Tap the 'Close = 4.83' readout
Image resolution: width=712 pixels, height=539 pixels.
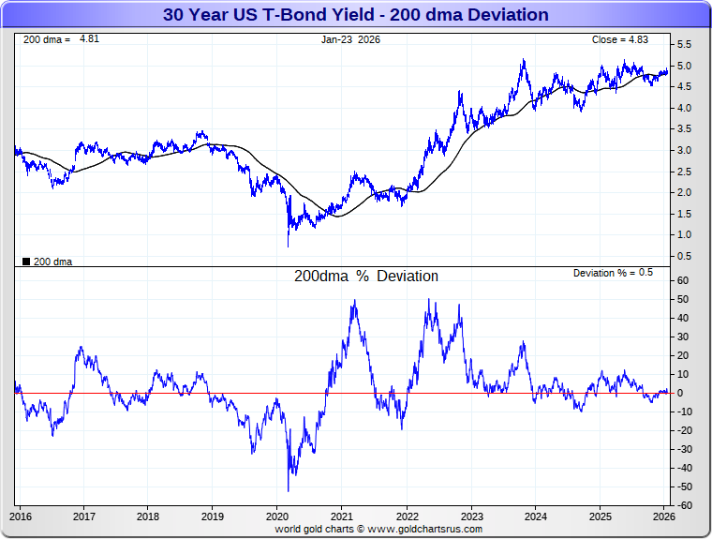pos(619,39)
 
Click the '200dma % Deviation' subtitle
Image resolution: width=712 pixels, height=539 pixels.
pos(366,277)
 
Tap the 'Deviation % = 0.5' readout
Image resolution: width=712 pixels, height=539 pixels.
pos(613,273)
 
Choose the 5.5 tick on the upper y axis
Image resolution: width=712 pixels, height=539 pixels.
pos(684,44)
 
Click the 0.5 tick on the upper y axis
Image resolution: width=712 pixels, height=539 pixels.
pos(684,256)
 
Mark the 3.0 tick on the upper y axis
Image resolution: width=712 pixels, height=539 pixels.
pos(684,150)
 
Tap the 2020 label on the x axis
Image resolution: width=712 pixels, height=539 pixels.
pos(277,517)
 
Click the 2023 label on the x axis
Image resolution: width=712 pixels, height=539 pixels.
pos(471,517)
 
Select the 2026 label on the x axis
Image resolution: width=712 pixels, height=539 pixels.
pos(663,517)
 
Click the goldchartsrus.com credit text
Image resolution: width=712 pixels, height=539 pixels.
pos(378,529)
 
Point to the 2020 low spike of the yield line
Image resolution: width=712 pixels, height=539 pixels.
pos(288,247)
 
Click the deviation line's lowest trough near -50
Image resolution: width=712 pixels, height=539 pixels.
pos(288,490)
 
